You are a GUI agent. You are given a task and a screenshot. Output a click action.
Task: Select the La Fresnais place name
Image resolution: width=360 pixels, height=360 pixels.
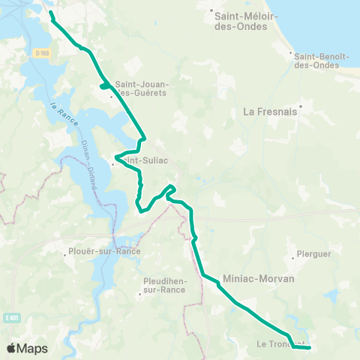coord(270,113)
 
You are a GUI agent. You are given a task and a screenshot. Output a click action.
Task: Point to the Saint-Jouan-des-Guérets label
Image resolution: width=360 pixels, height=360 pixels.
coord(142,88)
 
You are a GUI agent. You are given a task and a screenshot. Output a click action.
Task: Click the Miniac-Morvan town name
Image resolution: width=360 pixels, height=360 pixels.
coord(259,277)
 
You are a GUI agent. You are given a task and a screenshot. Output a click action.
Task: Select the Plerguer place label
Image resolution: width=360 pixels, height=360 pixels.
coord(314,253)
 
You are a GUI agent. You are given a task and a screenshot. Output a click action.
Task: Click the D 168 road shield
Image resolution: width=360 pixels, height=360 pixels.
coord(41,52)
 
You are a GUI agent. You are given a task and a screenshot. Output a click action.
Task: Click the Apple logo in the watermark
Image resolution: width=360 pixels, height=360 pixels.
coord(11,348)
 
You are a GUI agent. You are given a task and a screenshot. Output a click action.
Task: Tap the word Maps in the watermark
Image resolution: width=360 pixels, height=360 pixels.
coord(33,348)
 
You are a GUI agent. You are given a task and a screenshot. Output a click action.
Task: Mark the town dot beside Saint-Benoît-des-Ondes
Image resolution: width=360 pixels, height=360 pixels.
coord(291,52)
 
